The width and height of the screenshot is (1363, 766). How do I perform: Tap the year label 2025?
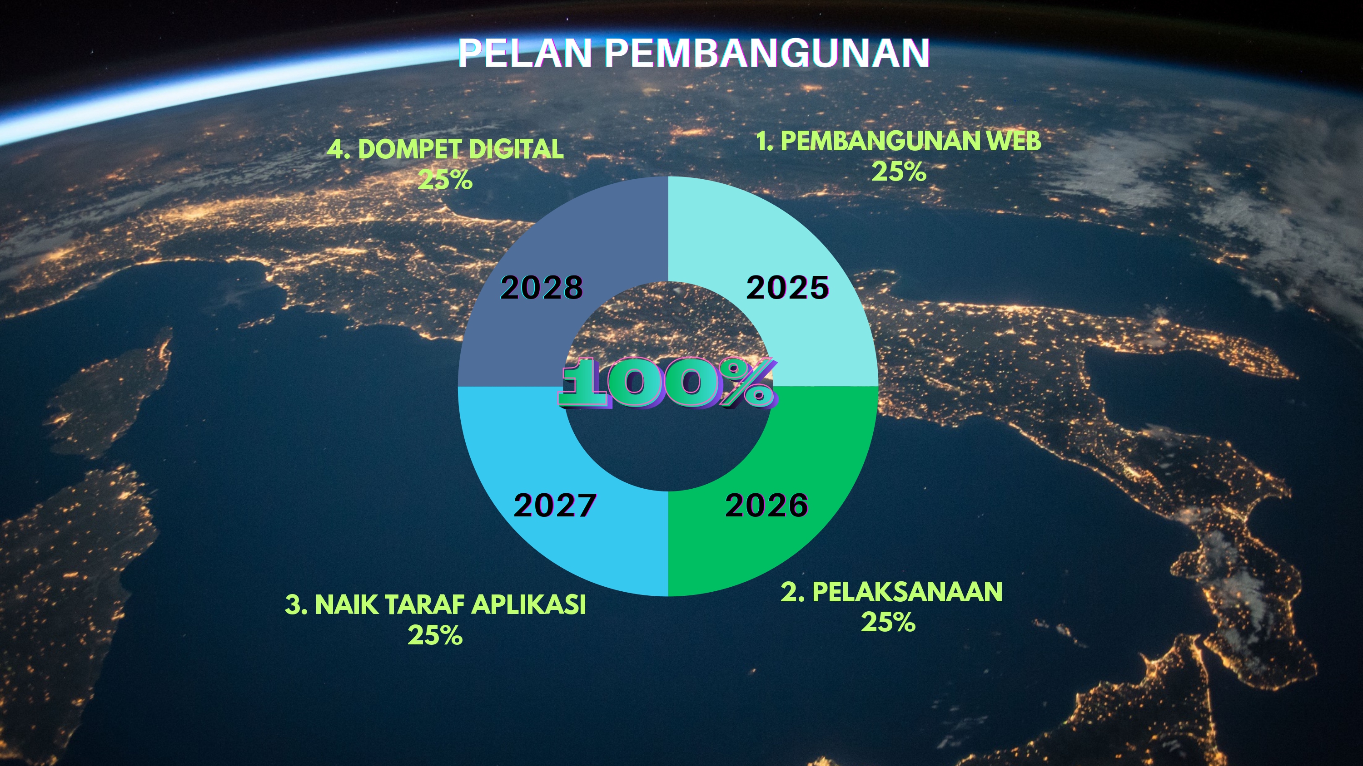click(x=787, y=288)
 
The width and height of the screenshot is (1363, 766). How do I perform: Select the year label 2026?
click(x=767, y=505)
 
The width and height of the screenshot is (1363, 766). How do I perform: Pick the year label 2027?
click(x=555, y=505)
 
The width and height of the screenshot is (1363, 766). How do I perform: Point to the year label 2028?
click(x=542, y=288)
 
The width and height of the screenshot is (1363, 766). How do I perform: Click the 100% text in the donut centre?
click(x=667, y=383)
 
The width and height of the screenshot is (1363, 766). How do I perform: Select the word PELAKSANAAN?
click(x=907, y=592)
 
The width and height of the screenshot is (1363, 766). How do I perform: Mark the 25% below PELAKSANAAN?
click(x=888, y=622)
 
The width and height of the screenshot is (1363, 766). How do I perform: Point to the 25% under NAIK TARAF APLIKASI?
click(x=435, y=635)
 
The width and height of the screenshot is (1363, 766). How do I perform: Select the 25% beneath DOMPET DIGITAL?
click(x=445, y=180)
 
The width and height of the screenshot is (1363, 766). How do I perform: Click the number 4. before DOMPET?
click(x=338, y=149)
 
